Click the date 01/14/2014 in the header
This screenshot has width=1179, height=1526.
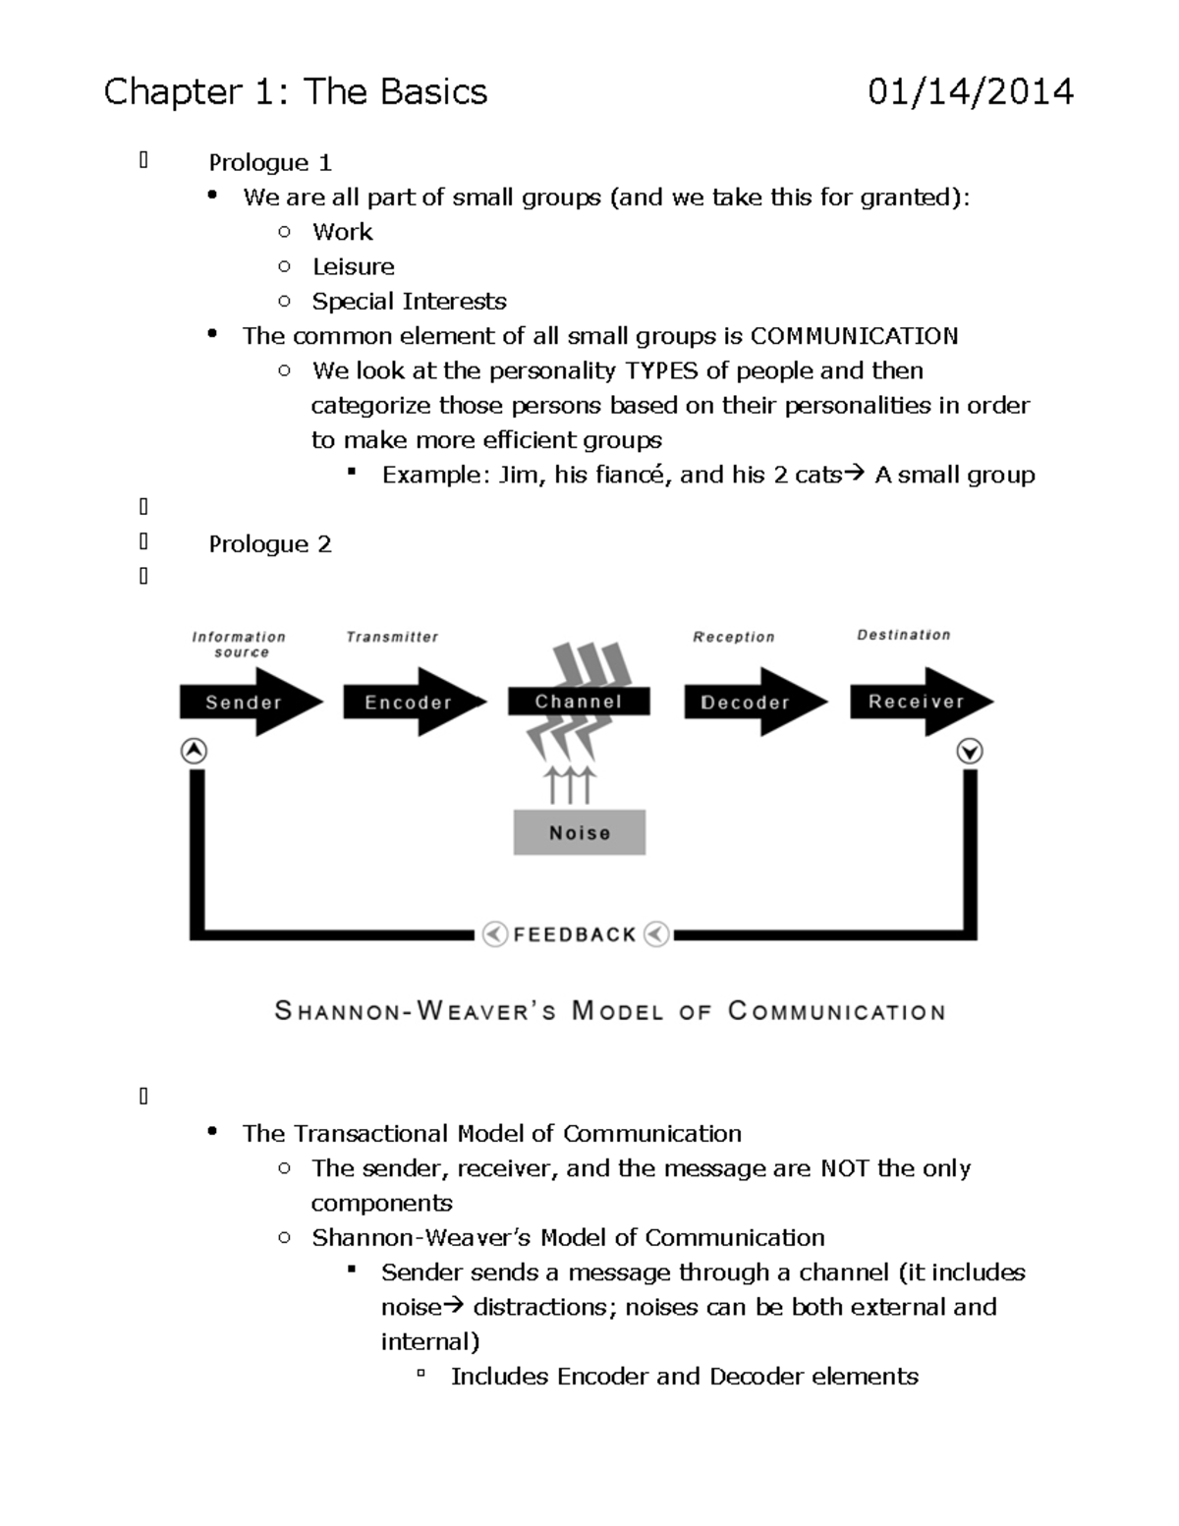(x=970, y=92)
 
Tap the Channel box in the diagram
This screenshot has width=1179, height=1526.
(x=579, y=701)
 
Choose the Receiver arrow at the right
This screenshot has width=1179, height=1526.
(x=918, y=701)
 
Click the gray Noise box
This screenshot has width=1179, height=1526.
(x=580, y=832)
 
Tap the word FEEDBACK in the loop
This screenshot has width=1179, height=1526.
(x=576, y=934)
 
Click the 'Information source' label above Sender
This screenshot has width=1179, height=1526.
(x=239, y=644)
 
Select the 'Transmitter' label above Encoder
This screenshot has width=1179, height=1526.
(x=392, y=637)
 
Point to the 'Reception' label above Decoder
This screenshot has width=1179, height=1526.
(x=734, y=637)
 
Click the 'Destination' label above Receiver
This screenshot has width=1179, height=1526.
(x=904, y=635)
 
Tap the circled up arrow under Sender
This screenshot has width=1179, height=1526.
(x=195, y=752)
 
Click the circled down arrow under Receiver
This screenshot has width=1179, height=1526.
(x=970, y=752)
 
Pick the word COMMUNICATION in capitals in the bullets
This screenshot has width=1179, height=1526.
(x=854, y=336)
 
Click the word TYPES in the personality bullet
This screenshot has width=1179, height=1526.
(x=662, y=370)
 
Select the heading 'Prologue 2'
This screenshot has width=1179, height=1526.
(x=270, y=544)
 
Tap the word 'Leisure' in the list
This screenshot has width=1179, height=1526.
(x=353, y=266)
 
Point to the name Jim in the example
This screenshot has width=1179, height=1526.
(x=519, y=475)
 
